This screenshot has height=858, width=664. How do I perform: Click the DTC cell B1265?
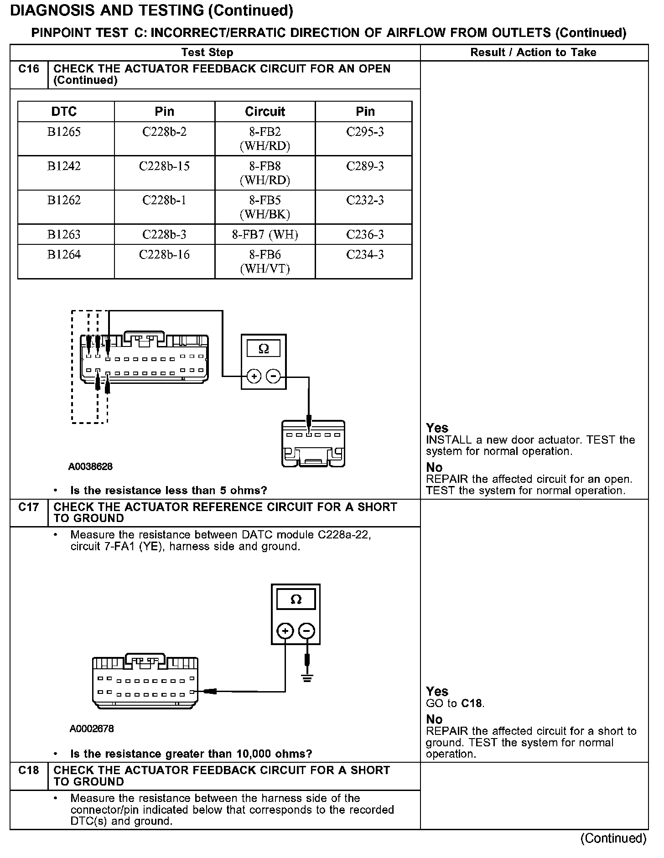[x=64, y=132]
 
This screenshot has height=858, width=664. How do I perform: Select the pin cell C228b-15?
[x=164, y=166]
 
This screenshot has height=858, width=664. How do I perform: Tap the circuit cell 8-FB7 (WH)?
[x=265, y=235]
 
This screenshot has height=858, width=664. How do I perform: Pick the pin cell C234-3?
[x=365, y=255]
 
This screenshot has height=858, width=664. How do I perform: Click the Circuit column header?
[x=265, y=112]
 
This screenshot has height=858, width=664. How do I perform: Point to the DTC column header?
[x=64, y=112]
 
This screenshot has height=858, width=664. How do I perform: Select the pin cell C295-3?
[x=365, y=132]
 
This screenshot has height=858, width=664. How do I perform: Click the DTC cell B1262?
[x=64, y=201]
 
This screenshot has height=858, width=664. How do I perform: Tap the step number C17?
[x=29, y=507]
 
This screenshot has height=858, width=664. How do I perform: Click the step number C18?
[x=29, y=770]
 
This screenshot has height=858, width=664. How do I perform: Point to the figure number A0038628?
[x=90, y=467]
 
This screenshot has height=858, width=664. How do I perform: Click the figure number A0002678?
[x=92, y=729]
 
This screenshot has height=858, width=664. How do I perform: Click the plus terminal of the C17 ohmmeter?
[x=285, y=631]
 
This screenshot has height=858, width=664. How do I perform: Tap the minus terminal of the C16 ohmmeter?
[x=273, y=376]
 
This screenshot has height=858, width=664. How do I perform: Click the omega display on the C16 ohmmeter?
[x=264, y=349]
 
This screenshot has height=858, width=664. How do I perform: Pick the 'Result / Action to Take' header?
[x=533, y=52]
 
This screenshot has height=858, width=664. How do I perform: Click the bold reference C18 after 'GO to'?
[x=472, y=703]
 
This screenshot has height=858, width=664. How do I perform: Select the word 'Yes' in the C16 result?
[x=437, y=428]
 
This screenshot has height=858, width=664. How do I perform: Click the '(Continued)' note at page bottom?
[x=613, y=838]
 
